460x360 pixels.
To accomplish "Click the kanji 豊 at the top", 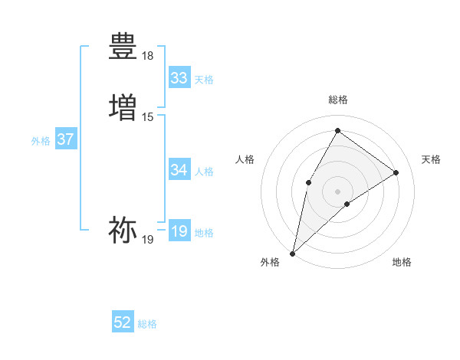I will coord(123,46).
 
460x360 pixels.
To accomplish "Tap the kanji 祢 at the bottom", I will coord(123,229).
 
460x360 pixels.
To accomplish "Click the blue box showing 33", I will coord(179,78).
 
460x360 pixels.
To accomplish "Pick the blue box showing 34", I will coord(179,170).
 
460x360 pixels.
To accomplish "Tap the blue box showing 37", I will coord(65,140).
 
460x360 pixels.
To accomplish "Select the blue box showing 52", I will coord(123,323).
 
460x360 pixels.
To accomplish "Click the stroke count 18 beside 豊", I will coord(147,56).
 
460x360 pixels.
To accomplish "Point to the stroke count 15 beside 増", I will coord(147,116).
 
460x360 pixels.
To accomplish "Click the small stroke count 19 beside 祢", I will coord(147,240).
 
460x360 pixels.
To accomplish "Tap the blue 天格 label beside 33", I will coord(204,80).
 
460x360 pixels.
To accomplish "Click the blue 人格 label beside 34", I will coord(204,172).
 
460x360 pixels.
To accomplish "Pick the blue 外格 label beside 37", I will coord(41,141).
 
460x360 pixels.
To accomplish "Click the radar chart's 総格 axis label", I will coord(338,100).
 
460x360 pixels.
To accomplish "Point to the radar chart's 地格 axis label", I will coord(402,263).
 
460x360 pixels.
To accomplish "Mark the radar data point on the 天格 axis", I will coord(396,172).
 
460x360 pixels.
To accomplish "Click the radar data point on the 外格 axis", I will coord(292,253).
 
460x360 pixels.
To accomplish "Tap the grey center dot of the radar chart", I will coord(337,191).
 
